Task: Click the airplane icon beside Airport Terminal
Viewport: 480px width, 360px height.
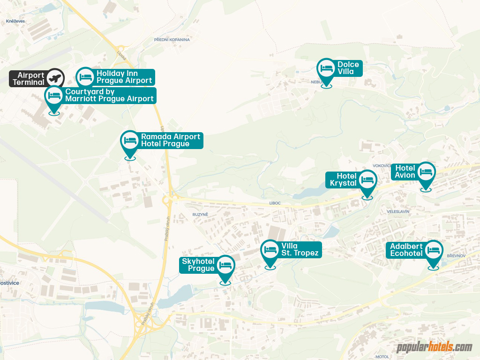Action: [x=56, y=77]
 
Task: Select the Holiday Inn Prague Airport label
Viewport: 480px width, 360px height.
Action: [x=124, y=77]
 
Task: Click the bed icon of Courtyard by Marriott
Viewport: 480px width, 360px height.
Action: [x=54, y=96]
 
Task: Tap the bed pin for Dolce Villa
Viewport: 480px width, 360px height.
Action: [x=326, y=68]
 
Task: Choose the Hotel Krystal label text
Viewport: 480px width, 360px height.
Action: [x=343, y=180]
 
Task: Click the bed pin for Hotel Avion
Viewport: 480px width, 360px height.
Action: [x=426, y=172]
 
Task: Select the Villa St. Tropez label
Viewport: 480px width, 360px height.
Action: [x=300, y=250]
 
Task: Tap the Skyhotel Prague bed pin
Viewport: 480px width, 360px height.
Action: [x=225, y=265]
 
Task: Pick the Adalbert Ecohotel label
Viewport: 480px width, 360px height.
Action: [x=406, y=250]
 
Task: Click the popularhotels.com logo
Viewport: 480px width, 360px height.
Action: [x=434, y=347]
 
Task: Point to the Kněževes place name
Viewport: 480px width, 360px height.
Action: [x=15, y=21]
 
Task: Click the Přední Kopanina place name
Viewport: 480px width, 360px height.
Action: [x=172, y=40]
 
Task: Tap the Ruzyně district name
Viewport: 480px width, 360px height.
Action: [x=200, y=214]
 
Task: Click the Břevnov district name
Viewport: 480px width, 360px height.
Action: [x=455, y=256]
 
